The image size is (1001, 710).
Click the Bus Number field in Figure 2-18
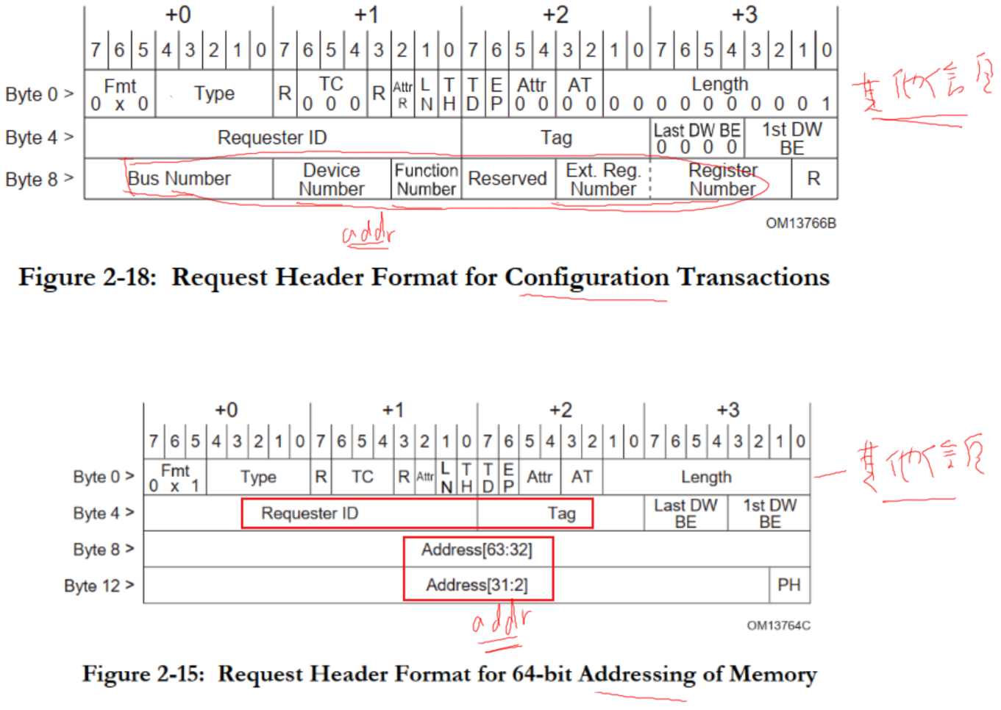pyautogui.click(x=179, y=179)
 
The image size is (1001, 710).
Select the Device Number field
pyautogui.click(x=332, y=180)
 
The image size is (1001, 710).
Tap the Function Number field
pyautogui.click(x=427, y=180)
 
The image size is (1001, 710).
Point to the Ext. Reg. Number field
pyautogui.click(x=603, y=180)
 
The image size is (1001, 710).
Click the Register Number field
pyautogui.click(x=722, y=180)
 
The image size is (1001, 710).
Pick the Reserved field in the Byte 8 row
pyautogui.click(x=507, y=179)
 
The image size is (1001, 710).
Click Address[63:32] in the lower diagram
pyautogui.click(x=477, y=550)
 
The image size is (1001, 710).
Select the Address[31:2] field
pyautogui.click(x=477, y=585)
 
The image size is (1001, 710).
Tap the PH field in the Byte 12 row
pyautogui.click(x=789, y=585)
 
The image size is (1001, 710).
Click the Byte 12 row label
pyautogui.click(x=99, y=586)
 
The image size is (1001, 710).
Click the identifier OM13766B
pyautogui.click(x=801, y=223)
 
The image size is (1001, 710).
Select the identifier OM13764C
pyautogui.click(x=778, y=625)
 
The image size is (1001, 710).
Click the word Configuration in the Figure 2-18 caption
pyautogui.click(x=586, y=277)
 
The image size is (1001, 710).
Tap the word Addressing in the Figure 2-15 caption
pyautogui.click(x=637, y=674)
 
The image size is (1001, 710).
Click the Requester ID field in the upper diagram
pyautogui.click(x=272, y=138)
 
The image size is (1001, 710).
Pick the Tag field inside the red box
pyautogui.click(x=561, y=514)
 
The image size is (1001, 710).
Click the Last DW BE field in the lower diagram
pyautogui.click(x=685, y=513)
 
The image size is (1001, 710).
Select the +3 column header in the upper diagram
pyautogui.click(x=744, y=15)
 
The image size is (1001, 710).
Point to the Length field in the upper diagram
pyautogui.click(x=719, y=85)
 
